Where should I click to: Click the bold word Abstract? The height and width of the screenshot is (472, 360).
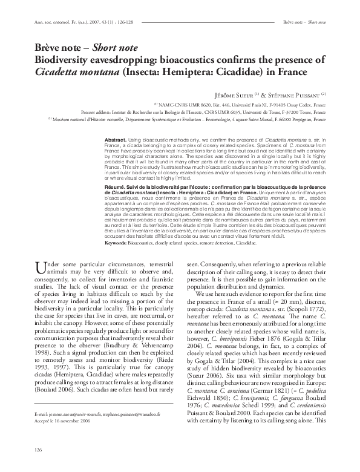click(116, 139)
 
